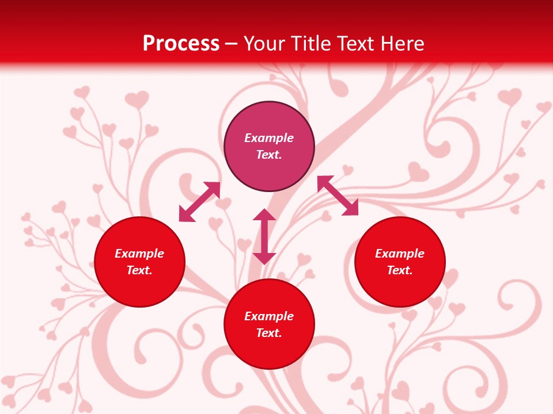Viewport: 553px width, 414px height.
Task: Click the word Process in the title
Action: tap(181, 44)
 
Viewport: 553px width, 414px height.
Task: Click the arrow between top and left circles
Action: tap(199, 202)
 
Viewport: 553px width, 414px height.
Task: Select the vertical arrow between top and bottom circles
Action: tap(264, 236)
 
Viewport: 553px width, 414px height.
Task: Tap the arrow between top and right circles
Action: tap(338, 195)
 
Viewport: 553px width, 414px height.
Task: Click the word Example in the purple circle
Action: tap(269, 138)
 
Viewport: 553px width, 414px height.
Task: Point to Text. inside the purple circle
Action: tap(269, 155)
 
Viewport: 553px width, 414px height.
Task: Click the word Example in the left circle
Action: tap(139, 254)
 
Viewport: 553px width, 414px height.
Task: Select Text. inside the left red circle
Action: tap(139, 270)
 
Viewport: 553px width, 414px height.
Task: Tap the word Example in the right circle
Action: tap(400, 254)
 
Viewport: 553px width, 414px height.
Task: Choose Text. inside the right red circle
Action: tap(400, 270)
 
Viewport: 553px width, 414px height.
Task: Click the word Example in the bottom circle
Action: tap(269, 316)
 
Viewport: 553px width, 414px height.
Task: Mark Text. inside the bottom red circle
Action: tap(269, 333)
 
